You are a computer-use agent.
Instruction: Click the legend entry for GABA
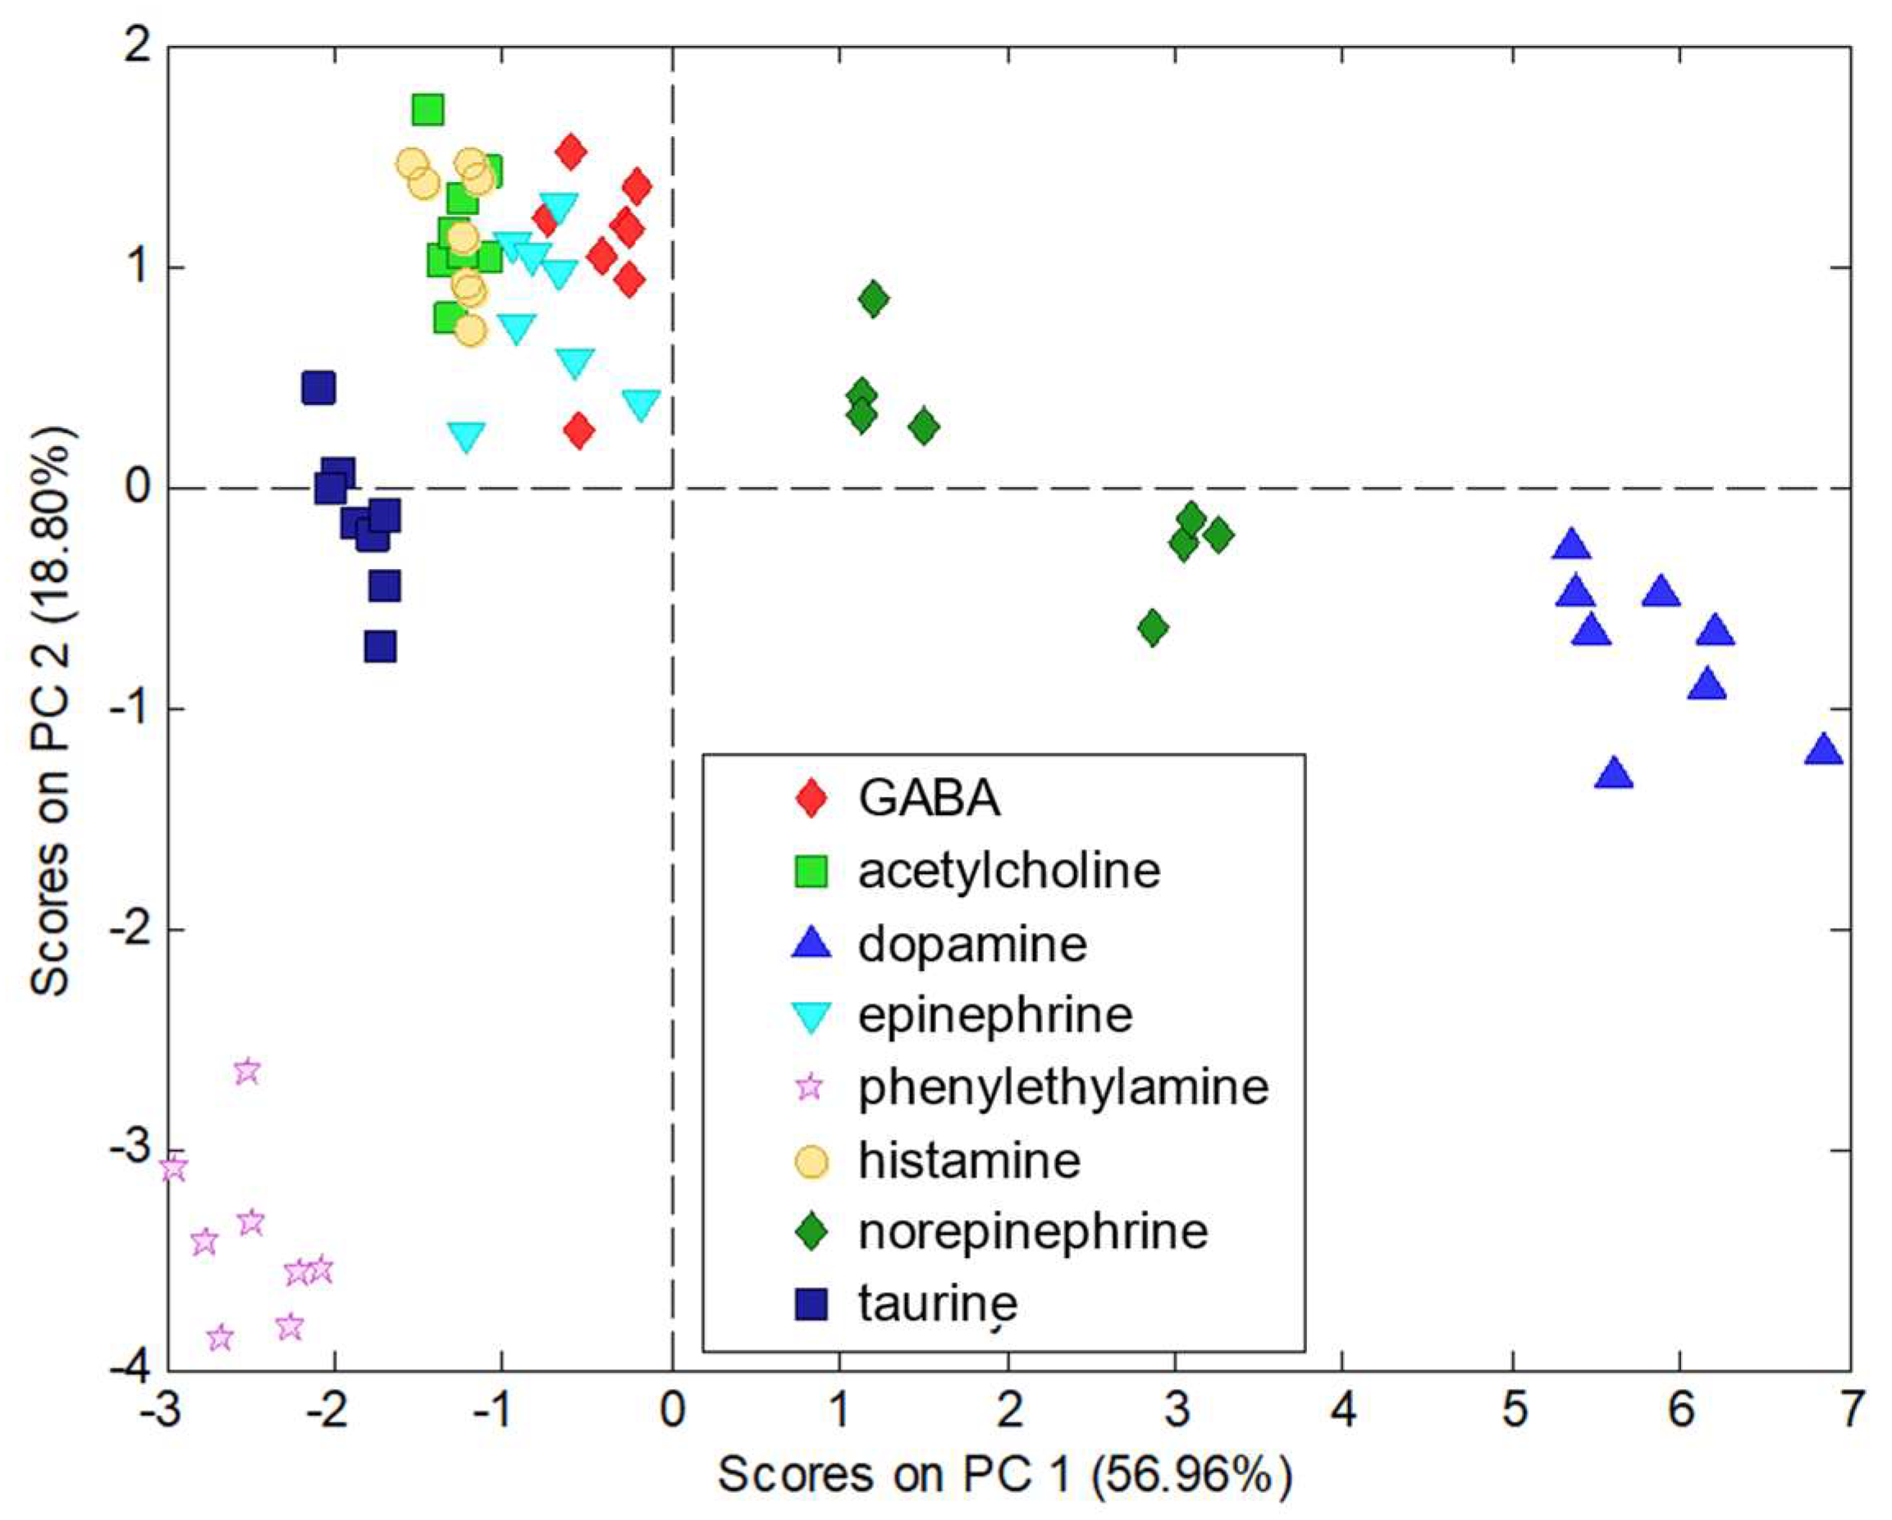point(929,799)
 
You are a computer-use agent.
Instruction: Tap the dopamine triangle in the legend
point(811,944)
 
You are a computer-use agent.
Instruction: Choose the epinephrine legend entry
point(995,1015)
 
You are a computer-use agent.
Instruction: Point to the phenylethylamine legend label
point(1063,1088)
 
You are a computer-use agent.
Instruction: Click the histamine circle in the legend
point(811,1160)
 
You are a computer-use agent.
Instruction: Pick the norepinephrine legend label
point(1033,1231)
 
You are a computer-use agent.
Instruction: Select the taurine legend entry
point(937,1304)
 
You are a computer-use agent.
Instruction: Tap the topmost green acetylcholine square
point(427,111)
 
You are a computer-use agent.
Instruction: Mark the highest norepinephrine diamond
point(873,299)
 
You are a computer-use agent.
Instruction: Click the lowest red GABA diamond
point(578,430)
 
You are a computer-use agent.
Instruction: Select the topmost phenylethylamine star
point(248,1071)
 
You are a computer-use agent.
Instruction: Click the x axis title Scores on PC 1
point(1005,1475)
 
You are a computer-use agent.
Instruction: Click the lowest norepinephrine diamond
point(1153,627)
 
